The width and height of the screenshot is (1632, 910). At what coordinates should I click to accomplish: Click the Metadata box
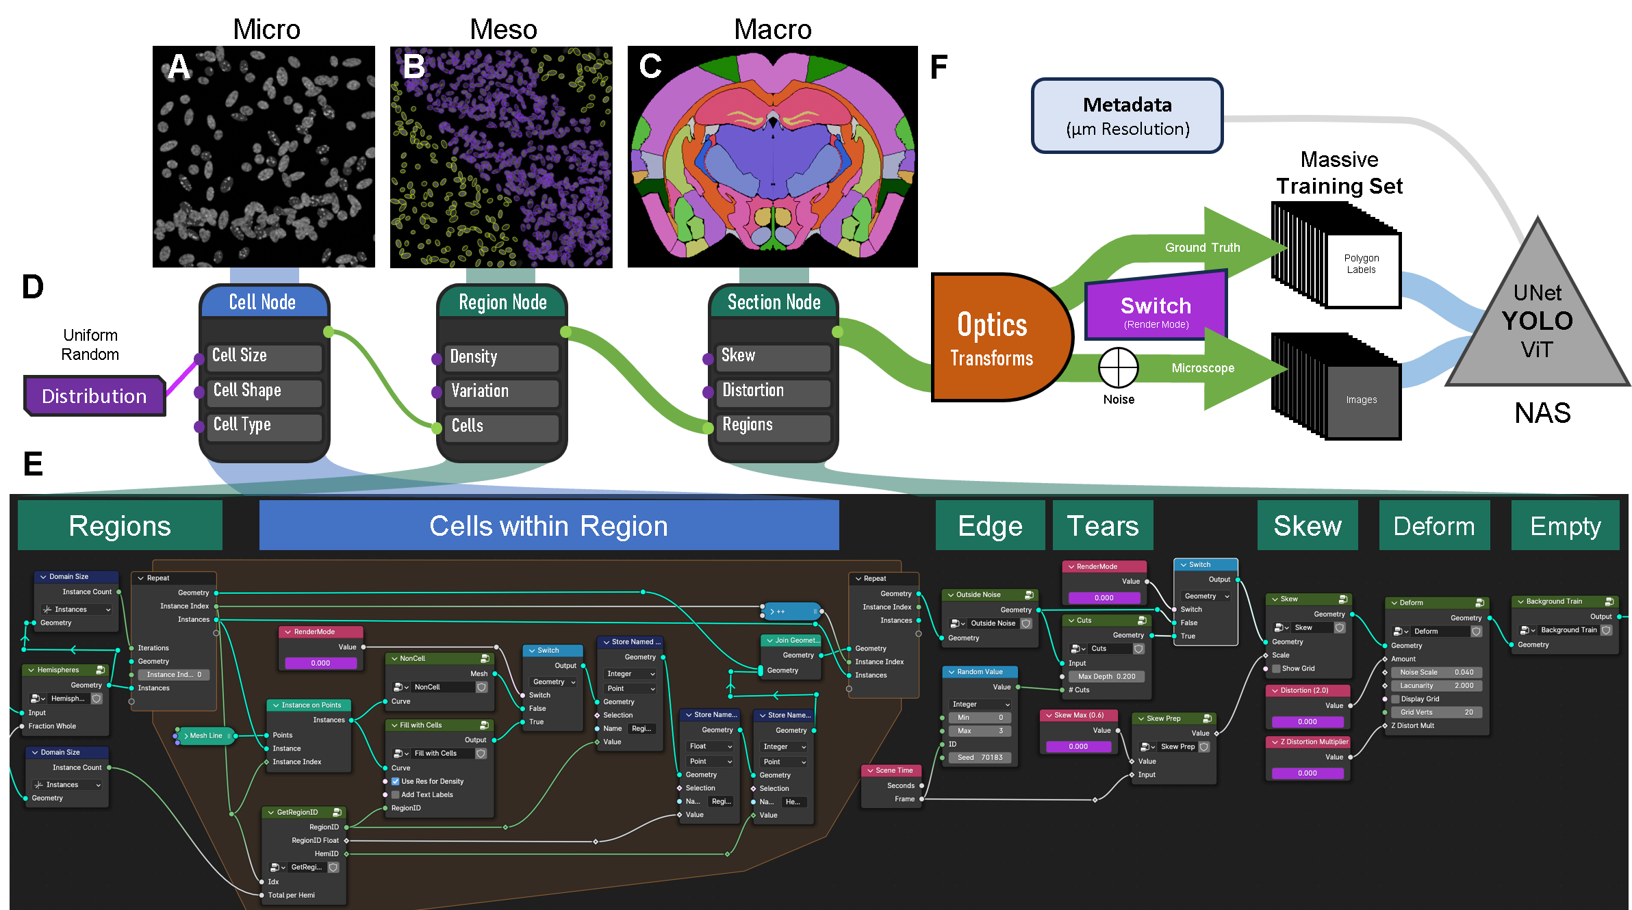click(1127, 116)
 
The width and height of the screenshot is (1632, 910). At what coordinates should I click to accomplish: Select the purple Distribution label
click(94, 396)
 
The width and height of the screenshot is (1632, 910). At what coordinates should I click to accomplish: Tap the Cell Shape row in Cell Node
click(264, 391)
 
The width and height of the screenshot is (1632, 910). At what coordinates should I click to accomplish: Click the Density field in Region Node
click(501, 357)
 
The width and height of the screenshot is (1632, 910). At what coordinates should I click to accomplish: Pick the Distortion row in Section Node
click(772, 391)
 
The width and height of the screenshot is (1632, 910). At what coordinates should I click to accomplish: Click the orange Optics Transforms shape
click(993, 338)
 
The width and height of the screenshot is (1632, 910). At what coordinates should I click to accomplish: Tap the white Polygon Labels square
click(1362, 270)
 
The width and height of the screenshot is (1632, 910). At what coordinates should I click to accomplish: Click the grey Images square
click(1362, 401)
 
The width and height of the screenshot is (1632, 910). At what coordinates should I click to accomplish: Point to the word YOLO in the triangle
click(1537, 321)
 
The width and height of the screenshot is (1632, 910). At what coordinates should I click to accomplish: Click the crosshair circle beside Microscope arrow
click(1118, 368)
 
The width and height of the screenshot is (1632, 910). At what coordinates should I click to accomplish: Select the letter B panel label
click(413, 67)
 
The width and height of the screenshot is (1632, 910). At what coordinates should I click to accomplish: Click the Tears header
click(1102, 525)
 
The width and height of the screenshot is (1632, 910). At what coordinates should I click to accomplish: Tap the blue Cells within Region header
click(548, 525)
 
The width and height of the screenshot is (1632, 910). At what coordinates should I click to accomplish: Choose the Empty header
click(1565, 525)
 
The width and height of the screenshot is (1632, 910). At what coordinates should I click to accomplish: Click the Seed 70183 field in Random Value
click(980, 757)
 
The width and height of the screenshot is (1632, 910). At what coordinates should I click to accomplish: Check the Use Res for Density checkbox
click(395, 781)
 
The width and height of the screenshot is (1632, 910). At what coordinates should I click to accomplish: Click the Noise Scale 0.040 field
click(1436, 672)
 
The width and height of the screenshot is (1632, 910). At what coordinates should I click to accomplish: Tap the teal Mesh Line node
click(205, 736)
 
